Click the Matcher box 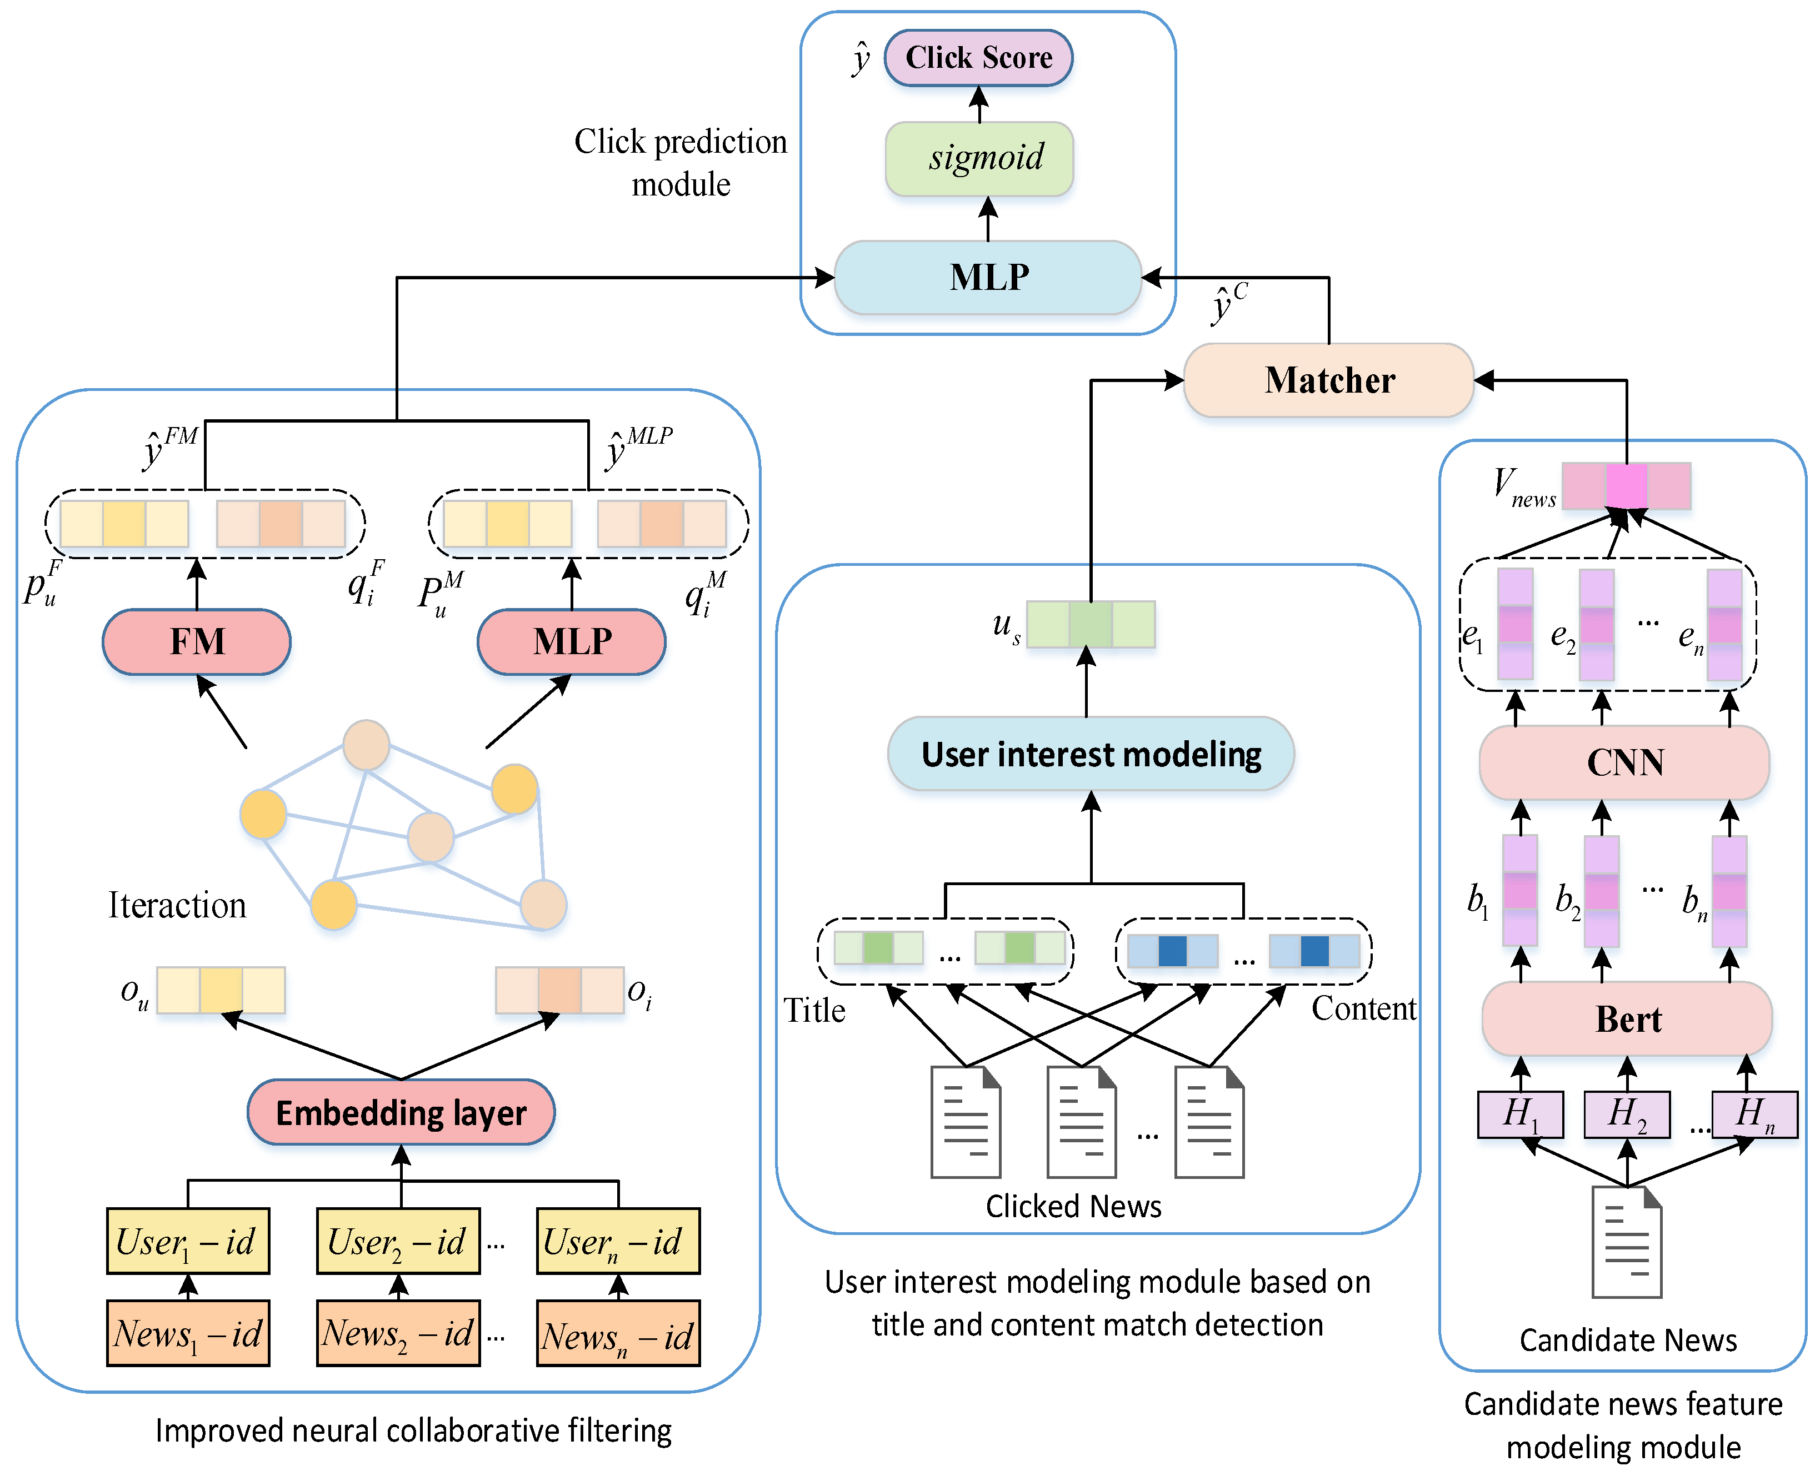pyautogui.click(x=1328, y=380)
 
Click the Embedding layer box pyautogui.click(x=401, y=1112)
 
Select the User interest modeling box pyautogui.click(x=1091, y=754)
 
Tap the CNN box pyautogui.click(x=1624, y=762)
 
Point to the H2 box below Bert pyautogui.click(x=1626, y=1114)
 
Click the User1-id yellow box pyautogui.click(x=188, y=1241)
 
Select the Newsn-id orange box pyautogui.click(x=618, y=1334)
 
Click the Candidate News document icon pyautogui.click(x=1626, y=1241)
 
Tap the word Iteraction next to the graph pyautogui.click(x=177, y=905)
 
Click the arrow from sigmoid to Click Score pyautogui.click(x=979, y=104)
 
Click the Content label pyautogui.click(x=1363, y=1008)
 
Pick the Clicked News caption pyautogui.click(x=1073, y=1206)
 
